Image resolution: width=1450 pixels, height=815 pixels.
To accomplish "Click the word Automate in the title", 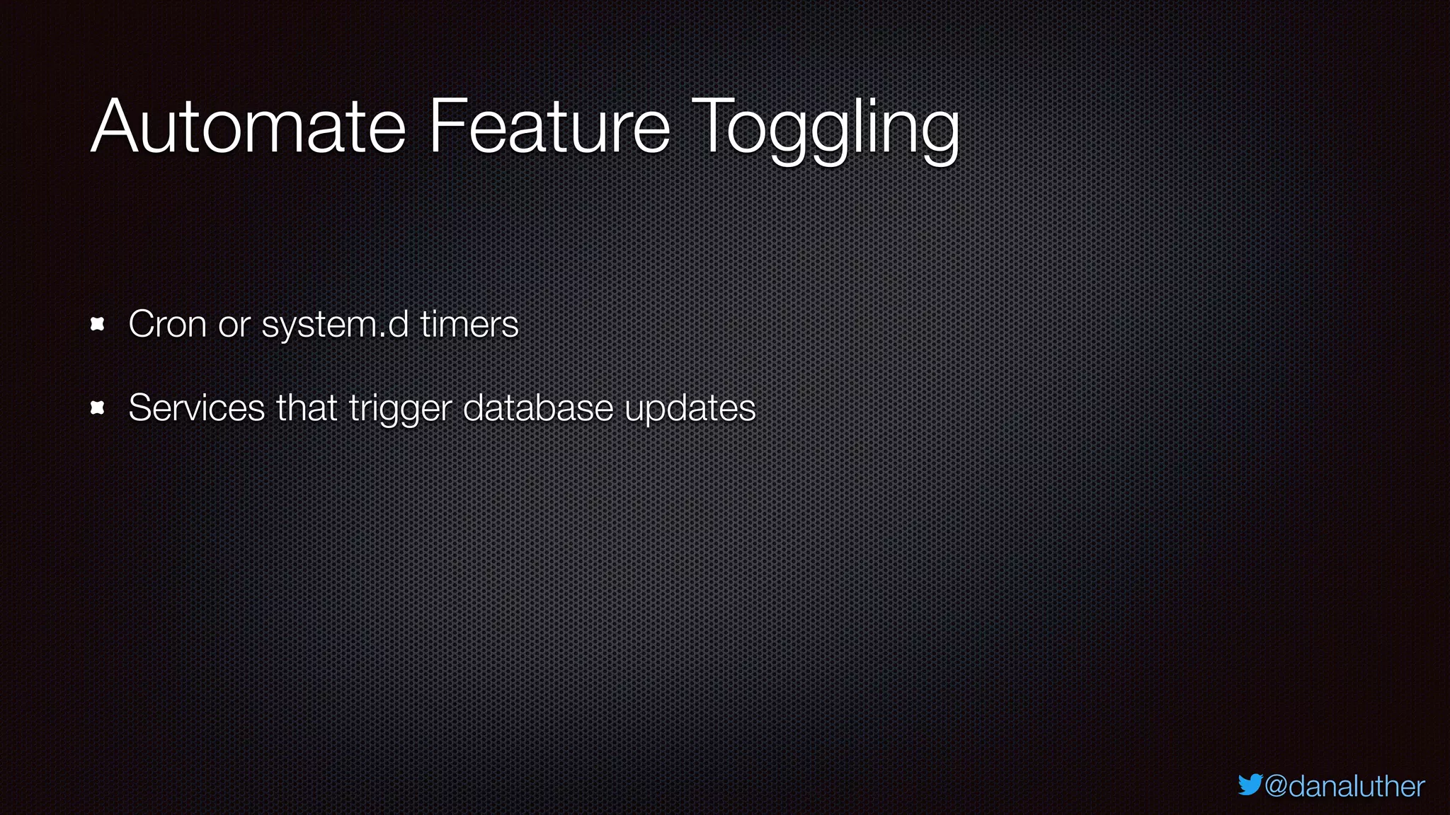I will pos(248,127).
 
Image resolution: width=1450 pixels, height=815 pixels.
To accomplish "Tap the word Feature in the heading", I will pos(549,127).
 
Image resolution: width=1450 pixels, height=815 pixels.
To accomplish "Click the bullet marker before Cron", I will pos(98,325).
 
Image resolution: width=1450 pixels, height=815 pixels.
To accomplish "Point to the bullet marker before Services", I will pos(98,408).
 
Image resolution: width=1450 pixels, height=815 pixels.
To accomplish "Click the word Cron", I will pos(168,325).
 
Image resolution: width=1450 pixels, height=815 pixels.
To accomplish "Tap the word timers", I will pos(469,325).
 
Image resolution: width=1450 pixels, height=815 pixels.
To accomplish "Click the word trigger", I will pos(400,410).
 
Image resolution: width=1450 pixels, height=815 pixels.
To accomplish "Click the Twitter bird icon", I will pos(1250,785).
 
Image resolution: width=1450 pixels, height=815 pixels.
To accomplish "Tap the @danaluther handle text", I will pos(1345,787).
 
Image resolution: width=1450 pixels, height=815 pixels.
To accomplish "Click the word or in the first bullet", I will pos(234,328).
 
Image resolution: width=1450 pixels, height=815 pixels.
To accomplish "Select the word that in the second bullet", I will pos(307,408).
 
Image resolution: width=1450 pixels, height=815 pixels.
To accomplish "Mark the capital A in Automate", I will pos(116,127).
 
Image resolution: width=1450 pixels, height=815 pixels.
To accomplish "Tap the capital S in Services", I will pos(140,408).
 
